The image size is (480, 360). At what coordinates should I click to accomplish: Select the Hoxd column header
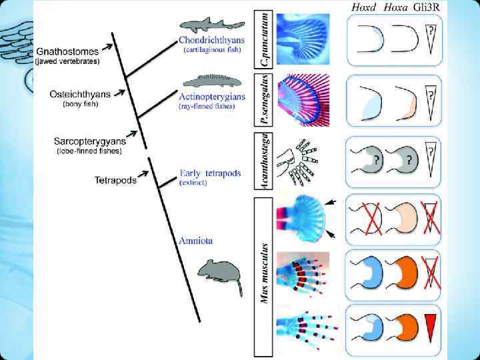tap(363, 8)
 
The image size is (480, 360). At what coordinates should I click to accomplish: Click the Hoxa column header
tap(399, 8)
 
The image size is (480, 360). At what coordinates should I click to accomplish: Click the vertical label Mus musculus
tap(264, 267)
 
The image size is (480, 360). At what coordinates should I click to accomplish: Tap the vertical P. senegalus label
tap(264, 100)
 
